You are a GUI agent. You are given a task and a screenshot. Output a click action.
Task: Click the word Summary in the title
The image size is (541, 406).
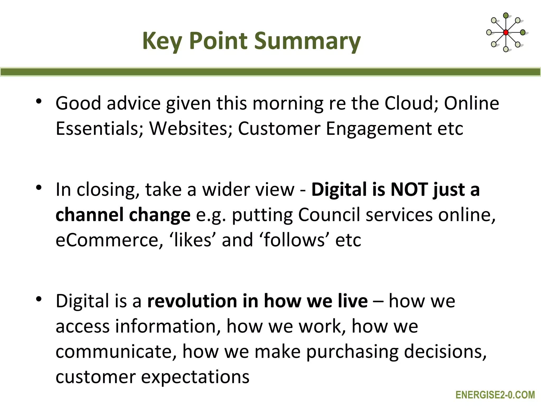(307, 41)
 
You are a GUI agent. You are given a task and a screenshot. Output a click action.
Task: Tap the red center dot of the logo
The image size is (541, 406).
(506, 33)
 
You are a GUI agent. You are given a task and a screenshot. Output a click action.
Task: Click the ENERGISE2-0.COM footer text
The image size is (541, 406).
(495, 395)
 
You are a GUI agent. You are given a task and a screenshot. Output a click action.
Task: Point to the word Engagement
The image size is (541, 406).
(379, 129)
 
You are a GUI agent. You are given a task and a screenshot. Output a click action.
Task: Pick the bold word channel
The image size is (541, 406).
(89, 215)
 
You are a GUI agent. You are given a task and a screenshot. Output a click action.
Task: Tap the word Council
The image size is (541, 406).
(329, 215)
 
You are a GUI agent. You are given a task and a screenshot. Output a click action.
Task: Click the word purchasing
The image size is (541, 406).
(352, 352)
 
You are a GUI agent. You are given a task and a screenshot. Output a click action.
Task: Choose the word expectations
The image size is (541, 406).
(195, 377)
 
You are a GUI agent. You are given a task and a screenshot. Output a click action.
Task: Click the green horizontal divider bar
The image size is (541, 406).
(270, 72)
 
